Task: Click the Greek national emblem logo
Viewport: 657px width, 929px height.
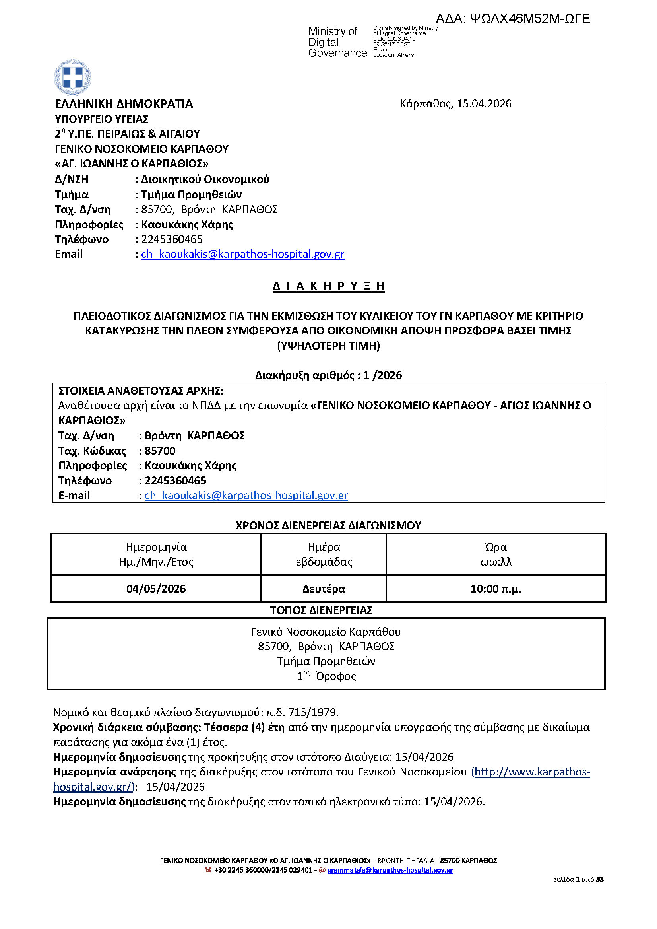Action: click(x=72, y=77)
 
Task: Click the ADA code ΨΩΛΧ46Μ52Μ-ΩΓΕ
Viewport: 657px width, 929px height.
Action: click(x=513, y=19)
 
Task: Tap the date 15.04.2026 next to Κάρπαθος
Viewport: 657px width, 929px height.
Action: click(x=484, y=104)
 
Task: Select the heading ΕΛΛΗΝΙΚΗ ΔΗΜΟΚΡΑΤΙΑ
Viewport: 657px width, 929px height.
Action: click(x=124, y=104)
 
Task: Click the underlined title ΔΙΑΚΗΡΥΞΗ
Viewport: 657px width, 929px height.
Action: click(x=328, y=286)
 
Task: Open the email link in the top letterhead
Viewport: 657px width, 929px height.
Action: click(x=243, y=254)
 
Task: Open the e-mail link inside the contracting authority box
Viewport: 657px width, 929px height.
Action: click(x=246, y=495)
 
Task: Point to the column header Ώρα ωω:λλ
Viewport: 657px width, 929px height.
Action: click(x=496, y=554)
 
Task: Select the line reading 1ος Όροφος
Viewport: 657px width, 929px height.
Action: click(x=326, y=676)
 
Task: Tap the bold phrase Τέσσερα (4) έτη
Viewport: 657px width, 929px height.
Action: click(x=244, y=727)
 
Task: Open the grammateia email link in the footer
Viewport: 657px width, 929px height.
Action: click(x=390, y=869)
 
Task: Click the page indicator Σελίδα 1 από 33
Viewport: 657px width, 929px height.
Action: click(x=578, y=879)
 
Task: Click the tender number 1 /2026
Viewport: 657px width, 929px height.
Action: click(x=382, y=375)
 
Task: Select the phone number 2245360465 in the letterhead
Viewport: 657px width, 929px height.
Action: click(x=172, y=239)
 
